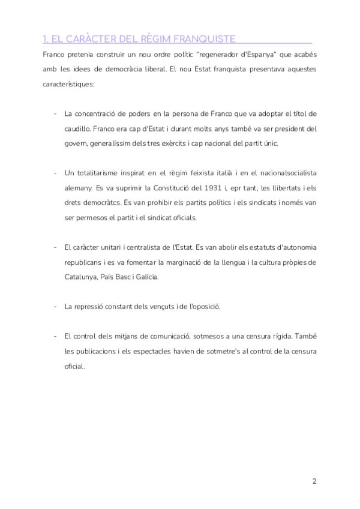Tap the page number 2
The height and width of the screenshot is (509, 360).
(x=314, y=482)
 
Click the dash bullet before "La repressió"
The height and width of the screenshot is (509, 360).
(x=56, y=307)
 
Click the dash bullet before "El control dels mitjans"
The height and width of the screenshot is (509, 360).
(x=56, y=336)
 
